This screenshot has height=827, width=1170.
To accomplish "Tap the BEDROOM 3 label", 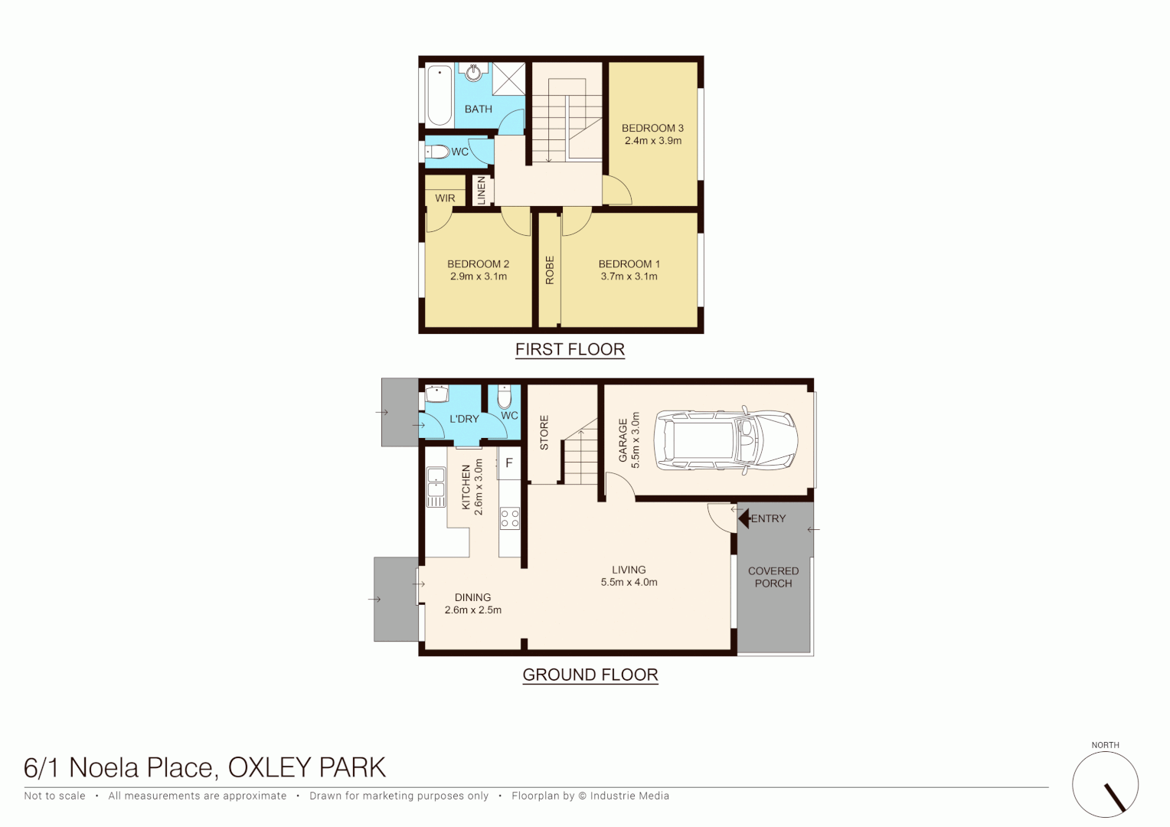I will coord(652,128).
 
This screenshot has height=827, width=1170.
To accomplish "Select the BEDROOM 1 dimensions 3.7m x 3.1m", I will coord(629,276).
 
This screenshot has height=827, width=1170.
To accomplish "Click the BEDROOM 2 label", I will coord(478,263).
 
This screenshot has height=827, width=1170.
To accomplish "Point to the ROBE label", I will coord(549,270).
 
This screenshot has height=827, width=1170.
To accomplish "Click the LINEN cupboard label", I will coord(482,190).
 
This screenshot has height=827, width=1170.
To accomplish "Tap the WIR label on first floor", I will coord(445,198).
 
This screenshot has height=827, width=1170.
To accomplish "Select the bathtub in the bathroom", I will coord(440,95).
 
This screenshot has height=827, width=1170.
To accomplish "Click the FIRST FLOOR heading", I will coord(570,349).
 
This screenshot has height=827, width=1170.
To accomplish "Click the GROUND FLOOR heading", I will coord(590,675).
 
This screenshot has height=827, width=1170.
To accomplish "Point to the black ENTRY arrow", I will coord(744,518).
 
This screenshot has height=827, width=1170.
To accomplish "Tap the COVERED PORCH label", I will coord(773,577).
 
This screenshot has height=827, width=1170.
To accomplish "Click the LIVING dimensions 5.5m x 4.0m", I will coord(629,582).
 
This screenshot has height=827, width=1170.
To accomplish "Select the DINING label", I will coord(472,597).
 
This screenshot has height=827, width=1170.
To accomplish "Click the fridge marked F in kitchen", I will coord(508,463).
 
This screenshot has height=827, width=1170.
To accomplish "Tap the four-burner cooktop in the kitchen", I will coord(510,518).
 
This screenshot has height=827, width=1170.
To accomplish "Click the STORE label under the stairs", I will coord(544,433).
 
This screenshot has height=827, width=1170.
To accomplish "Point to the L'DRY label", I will coord(464,419).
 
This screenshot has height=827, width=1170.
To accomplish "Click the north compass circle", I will coord(1105,785).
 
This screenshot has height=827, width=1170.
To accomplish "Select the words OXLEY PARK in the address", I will coord(306,767).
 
